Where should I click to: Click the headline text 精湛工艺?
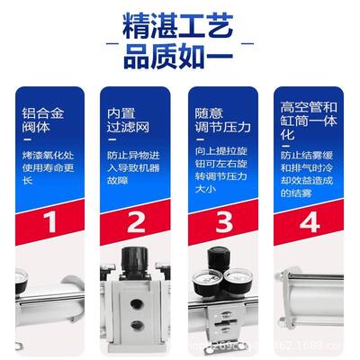(180, 25)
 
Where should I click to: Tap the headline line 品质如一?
(180, 60)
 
